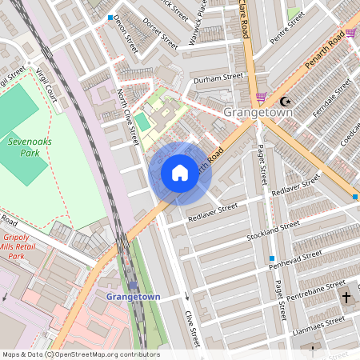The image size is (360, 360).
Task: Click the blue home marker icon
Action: click(180, 173)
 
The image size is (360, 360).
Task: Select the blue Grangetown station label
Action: click(133, 297)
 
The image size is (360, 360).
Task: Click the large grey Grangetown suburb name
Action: click(258, 114)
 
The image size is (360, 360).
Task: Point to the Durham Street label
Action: click(218, 78)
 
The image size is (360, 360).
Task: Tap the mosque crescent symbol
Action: click(286, 102)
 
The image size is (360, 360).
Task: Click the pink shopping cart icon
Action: click(261, 97)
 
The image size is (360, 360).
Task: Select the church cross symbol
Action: click(347, 298)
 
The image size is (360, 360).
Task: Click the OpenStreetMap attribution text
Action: click(80, 354)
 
